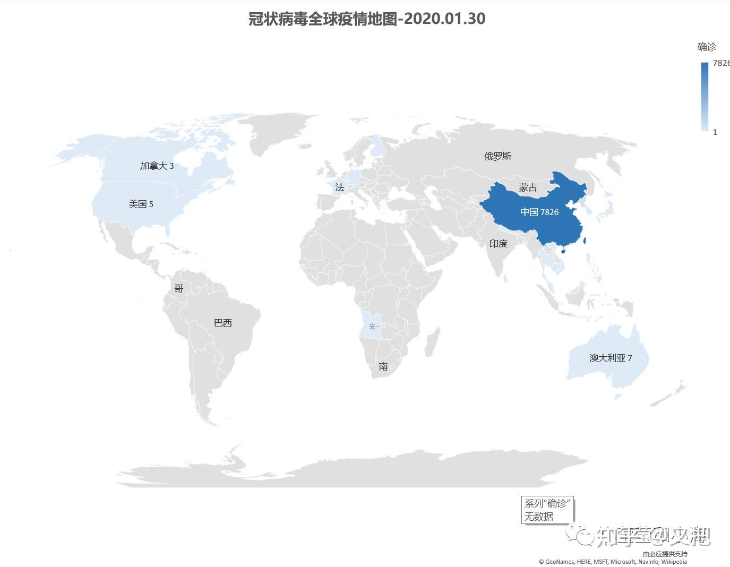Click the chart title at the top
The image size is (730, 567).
[367, 19]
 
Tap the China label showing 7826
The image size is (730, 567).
[539, 212]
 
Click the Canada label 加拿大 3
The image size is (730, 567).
[157, 166]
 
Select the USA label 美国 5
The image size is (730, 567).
[141, 204]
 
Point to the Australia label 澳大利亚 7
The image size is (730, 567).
[611, 358]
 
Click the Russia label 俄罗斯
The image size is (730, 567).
[497, 156]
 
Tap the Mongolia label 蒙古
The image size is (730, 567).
[528, 187]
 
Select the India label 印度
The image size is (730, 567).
[498, 244]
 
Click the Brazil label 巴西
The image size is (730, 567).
[222, 323]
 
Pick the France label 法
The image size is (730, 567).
[340, 187]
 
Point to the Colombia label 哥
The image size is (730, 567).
[179, 288]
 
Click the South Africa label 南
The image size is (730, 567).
[383, 366]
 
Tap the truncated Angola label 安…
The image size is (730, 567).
[374, 326]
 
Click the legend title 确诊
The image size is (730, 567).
[707, 47]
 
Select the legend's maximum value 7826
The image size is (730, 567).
[721, 63]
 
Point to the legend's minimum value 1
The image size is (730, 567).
[715, 132]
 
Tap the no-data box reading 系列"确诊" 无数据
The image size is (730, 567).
[547, 510]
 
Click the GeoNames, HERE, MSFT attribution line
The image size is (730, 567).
[613, 562]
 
